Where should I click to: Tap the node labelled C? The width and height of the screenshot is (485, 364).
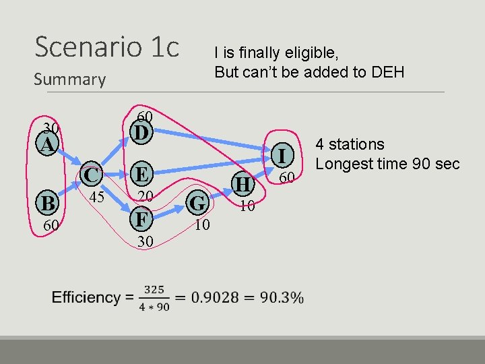point(92,175)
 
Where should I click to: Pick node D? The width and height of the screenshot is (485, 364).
point(139,132)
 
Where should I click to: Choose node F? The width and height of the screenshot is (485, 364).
point(139,219)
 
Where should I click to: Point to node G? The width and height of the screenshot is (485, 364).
point(197,202)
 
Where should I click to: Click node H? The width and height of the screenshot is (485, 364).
point(242,183)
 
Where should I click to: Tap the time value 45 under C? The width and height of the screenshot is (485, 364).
point(96,197)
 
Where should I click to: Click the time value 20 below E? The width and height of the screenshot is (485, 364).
point(145,196)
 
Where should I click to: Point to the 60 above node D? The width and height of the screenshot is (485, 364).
point(145,117)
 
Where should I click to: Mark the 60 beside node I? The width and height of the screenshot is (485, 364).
point(288,177)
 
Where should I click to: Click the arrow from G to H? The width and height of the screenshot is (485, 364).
point(219,193)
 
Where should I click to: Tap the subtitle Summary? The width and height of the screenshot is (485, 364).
point(69,80)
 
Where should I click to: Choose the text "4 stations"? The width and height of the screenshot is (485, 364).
point(350,144)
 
